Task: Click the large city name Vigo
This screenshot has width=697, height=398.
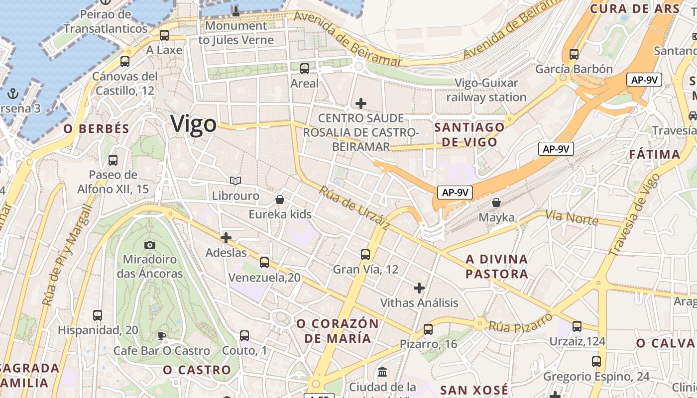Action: tap(194, 124)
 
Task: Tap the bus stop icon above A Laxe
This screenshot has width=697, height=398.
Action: tap(164, 35)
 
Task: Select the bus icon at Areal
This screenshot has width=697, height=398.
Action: tap(304, 69)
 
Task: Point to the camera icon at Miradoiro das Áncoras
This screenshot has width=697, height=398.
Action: tap(149, 245)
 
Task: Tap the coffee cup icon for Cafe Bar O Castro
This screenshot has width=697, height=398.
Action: tap(161, 336)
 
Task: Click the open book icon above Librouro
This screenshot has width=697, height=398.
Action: tap(235, 181)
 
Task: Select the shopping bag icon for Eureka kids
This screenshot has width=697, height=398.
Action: tap(280, 199)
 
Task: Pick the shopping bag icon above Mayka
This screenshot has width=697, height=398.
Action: tap(496, 202)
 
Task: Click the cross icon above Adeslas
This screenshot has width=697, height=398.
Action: tap(226, 238)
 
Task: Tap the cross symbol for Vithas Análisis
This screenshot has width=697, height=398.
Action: tap(419, 288)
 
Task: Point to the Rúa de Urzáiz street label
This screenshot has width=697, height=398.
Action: tap(354, 208)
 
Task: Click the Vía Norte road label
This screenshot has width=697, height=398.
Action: tap(571, 217)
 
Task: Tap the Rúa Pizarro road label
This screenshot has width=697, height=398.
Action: tap(521, 322)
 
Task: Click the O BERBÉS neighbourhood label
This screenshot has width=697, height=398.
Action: tap(96, 128)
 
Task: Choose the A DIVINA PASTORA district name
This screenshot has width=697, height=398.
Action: tap(496, 266)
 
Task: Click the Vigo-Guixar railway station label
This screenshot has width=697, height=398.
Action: tap(486, 90)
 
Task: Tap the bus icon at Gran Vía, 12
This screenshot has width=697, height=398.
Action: tap(365, 255)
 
